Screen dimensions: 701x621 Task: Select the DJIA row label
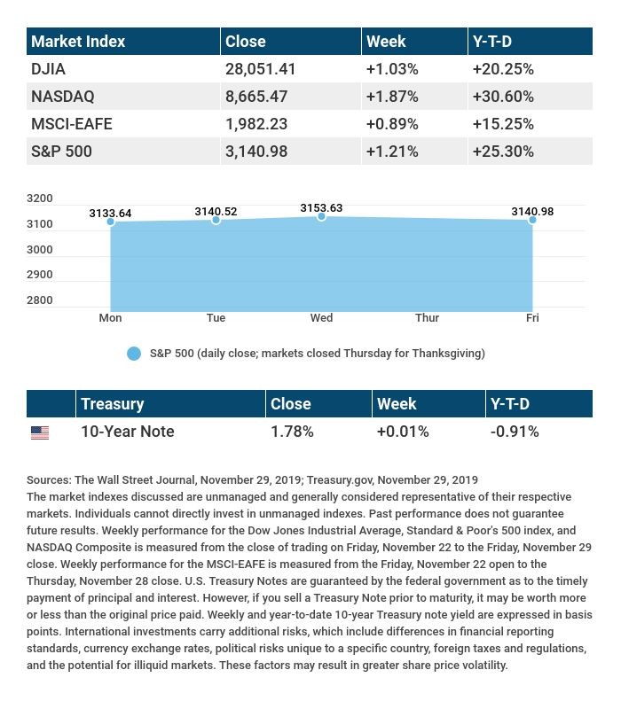click(48, 68)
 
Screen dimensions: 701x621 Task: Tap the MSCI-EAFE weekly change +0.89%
click(391, 123)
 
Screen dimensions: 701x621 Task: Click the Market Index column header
click(78, 41)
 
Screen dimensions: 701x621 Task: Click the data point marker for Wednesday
click(321, 216)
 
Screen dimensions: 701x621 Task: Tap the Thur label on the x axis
click(427, 317)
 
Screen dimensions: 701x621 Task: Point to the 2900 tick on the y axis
click(41, 275)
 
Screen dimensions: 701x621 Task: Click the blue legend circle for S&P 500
click(134, 354)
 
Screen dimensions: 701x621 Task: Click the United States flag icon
click(40, 432)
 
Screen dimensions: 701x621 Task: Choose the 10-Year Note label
click(127, 432)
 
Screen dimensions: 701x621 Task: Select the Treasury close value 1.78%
click(292, 432)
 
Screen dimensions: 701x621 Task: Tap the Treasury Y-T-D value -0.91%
click(515, 432)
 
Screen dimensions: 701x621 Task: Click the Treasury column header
click(112, 403)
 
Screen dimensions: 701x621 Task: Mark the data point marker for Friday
click(532, 219)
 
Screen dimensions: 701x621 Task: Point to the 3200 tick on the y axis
click(41, 199)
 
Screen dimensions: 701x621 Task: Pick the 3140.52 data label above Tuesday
click(216, 211)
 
